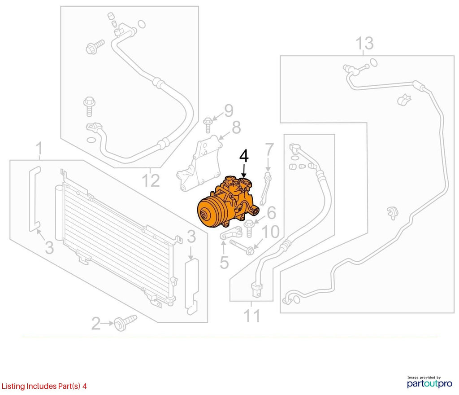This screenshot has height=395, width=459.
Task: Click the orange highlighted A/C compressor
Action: (x=228, y=202)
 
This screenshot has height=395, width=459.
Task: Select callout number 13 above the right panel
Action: (x=364, y=44)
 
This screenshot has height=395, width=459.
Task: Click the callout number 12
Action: (x=151, y=180)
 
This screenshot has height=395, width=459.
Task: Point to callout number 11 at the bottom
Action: (x=251, y=316)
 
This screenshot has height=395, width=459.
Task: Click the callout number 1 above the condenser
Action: (x=39, y=149)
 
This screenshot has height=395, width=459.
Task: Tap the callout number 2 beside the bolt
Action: (x=96, y=324)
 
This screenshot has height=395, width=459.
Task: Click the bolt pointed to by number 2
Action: (x=126, y=323)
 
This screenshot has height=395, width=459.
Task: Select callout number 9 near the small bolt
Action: (x=229, y=110)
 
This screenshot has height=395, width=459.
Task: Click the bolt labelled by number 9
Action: (x=208, y=125)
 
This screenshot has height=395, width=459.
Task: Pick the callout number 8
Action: (x=236, y=127)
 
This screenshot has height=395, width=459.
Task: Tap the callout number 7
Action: (x=269, y=149)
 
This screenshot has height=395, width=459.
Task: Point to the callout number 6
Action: (x=271, y=213)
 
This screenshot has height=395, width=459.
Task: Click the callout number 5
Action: (x=224, y=262)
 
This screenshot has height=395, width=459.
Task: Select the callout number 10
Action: (x=270, y=232)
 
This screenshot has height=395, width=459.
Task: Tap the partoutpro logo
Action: (x=429, y=382)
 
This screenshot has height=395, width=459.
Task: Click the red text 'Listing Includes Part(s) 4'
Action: (x=44, y=386)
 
